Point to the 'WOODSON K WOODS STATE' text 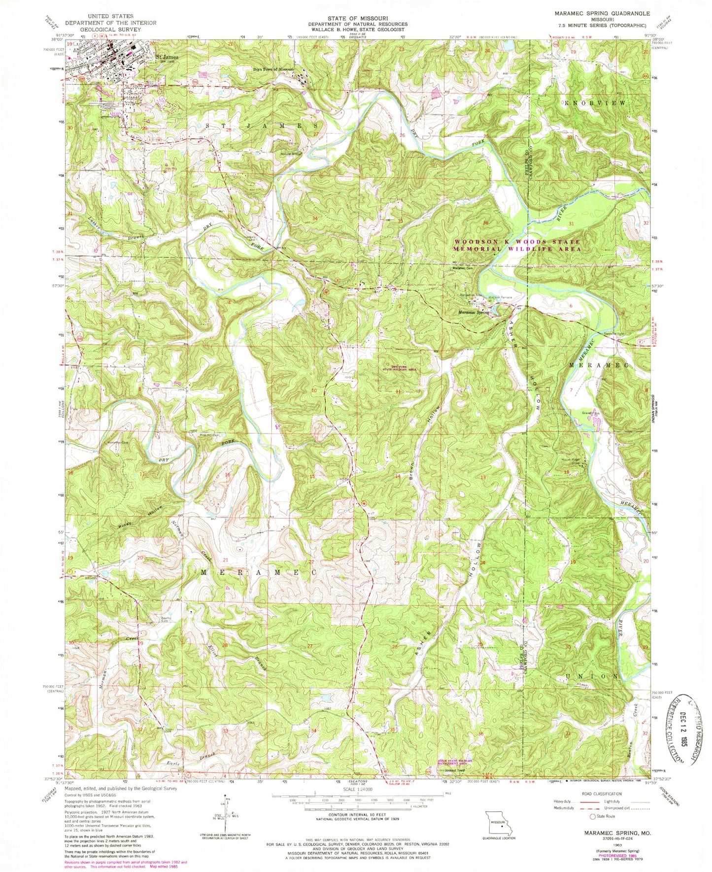(517, 242)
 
